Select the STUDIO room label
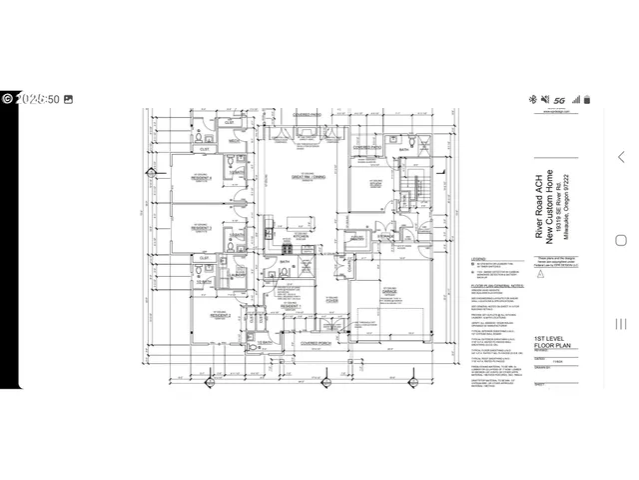[x=377, y=183]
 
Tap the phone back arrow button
[x=622, y=157]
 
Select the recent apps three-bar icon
[x=622, y=322]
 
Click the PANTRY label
[x=355, y=238]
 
